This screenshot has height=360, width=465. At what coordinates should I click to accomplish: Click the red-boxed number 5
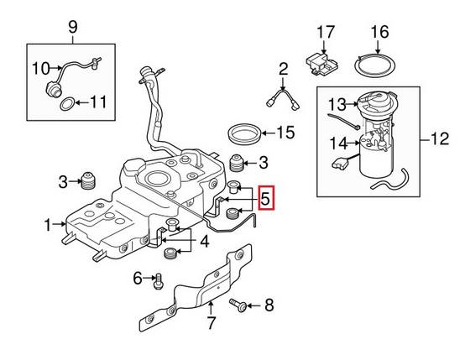click(266, 200)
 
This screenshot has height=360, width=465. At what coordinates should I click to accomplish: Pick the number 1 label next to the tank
click(47, 225)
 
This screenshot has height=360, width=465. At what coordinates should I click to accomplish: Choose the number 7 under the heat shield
click(212, 322)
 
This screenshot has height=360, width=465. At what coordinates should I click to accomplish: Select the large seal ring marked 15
click(243, 134)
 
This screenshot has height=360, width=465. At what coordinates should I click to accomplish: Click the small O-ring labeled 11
click(63, 104)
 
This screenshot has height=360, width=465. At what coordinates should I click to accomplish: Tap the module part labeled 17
click(320, 62)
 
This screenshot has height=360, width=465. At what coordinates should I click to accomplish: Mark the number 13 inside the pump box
click(336, 105)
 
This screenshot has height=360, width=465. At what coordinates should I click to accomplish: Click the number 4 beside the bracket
click(204, 243)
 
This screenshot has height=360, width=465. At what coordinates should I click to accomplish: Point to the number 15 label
click(286, 133)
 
